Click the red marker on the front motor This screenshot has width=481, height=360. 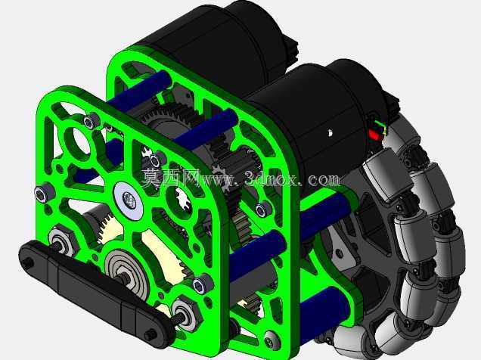pyautogui.click(x=374, y=135)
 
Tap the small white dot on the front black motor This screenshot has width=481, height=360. pyautogui.click(x=330, y=133)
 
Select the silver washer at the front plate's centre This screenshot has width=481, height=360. pyautogui.click(x=129, y=200)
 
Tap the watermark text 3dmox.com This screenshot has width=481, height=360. pyautogui.click(x=292, y=178)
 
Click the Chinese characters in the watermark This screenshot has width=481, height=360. pyautogui.click(x=171, y=178)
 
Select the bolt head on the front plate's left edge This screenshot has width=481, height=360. pyautogui.click(x=44, y=193)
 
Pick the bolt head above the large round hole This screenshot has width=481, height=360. pyautogui.click(x=91, y=122)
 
